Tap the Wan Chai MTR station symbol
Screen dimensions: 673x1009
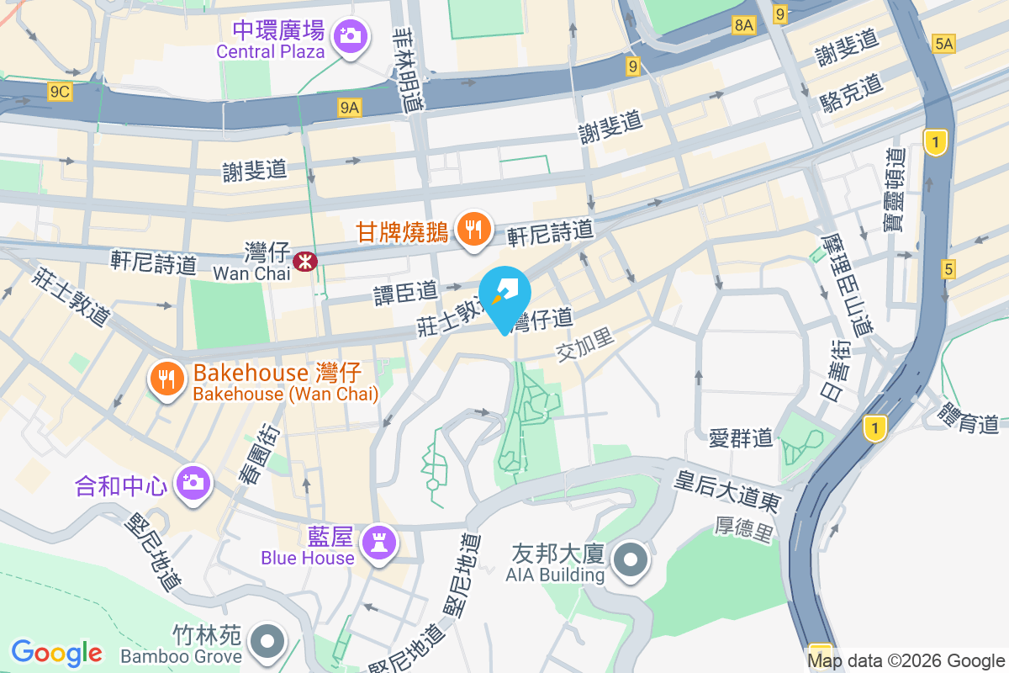[x=304, y=262]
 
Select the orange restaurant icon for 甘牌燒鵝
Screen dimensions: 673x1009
[x=473, y=227]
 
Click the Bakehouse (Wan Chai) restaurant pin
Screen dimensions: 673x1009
[x=167, y=378]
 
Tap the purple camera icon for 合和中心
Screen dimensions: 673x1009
[x=193, y=482]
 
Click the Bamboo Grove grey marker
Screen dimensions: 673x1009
[x=267, y=641]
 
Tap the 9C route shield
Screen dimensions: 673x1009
[x=59, y=92]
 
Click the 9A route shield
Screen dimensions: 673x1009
[x=350, y=107]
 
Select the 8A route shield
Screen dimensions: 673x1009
[x=744, y=25]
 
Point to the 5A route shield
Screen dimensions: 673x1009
[x=944, y=44]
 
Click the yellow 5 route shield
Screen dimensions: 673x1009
[x=948, y=269]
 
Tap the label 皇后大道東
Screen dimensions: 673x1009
[x=728, y=493]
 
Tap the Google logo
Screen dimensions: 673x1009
[x=56, y=653]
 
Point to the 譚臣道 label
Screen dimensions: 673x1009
[x=406, y=292]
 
